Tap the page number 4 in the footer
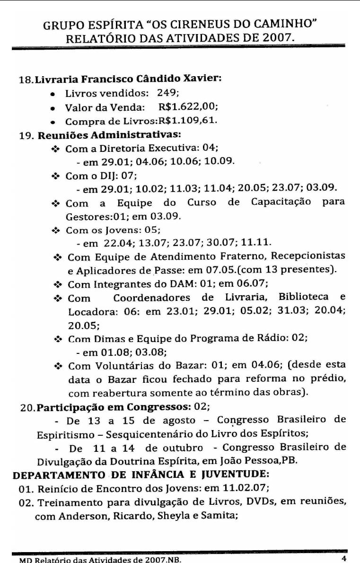coord(343,557)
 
